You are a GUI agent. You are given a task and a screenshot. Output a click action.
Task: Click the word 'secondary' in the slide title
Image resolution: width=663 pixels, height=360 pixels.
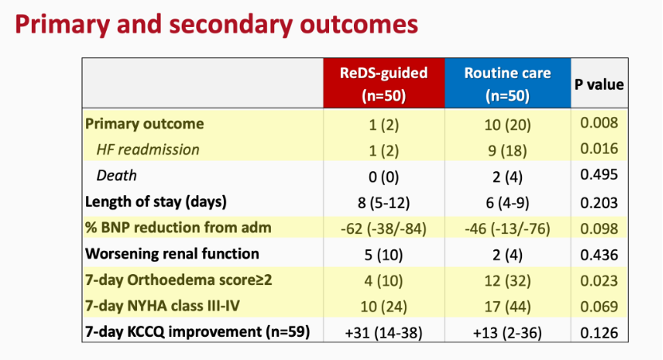pos(230,25)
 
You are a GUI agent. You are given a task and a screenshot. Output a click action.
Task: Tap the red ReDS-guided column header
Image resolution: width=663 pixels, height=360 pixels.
pos(384,84)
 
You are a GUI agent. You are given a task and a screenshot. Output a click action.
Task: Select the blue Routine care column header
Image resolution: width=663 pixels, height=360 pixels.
pos(508,84)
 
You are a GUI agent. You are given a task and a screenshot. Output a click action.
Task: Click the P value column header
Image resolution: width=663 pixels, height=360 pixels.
pos(598,84)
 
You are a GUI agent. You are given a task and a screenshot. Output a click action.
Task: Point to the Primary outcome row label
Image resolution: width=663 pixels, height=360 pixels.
pos(144,123)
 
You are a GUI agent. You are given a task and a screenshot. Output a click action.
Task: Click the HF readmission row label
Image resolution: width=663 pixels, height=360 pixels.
pos(147,150)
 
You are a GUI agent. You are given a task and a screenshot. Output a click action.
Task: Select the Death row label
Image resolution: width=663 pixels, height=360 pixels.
pos(116,175)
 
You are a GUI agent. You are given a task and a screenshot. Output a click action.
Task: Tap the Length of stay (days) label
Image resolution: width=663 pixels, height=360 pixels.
pos(155,202)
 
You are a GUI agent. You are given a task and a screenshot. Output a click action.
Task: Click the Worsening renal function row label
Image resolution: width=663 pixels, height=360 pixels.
pos(172,253)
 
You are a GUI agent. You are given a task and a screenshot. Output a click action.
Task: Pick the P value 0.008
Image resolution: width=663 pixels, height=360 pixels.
pos(599,123)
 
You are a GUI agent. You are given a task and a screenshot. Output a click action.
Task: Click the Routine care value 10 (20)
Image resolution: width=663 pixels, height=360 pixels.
pos(508,125)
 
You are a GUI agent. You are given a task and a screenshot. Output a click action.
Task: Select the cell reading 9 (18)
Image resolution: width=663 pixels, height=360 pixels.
pos(508,151)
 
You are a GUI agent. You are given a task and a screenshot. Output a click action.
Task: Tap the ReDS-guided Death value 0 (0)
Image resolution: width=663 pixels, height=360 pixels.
pos(383,177)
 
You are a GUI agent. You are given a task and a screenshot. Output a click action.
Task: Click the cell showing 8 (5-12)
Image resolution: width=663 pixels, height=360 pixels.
pos(383,203)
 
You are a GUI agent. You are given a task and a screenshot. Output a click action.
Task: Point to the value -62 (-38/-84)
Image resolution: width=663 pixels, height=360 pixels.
pos(383,229)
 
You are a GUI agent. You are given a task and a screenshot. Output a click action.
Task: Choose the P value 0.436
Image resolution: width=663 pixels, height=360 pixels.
pos(599,255)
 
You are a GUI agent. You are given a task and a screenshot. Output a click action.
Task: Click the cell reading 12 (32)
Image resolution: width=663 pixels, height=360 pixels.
pos(508,281)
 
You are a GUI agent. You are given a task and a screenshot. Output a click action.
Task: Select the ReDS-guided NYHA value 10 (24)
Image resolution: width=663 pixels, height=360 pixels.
pos(383,307)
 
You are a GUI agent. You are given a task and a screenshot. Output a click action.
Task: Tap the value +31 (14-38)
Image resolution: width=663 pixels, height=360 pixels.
pos(383,333)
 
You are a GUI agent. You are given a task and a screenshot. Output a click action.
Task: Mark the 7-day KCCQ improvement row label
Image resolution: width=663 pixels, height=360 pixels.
pos(198,331)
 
